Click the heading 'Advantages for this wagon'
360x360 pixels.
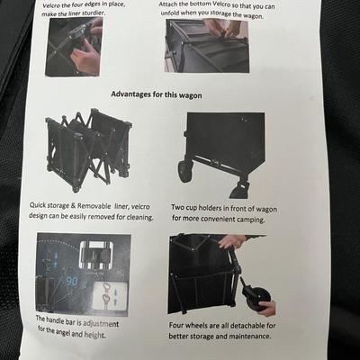pyautogui.click(x=157, y=94)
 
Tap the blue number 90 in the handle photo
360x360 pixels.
pyautogui.click(x=71, y=282)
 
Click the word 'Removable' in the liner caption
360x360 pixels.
pyautogui.click(x=94, y=206)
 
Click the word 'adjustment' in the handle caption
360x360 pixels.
pyautogui.click(x=101, y=324)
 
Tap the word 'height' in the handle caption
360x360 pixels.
pyautogui.click(x=94, y=335)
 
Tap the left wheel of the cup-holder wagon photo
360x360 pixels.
pyautogui.click(x=184, y=171)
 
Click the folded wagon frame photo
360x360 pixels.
pyautogui.click(x=89, y=149)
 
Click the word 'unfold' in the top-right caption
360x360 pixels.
pyautogui.click(x=171, y=13)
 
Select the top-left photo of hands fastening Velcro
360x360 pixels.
pyautogui.click(x=73, y=47)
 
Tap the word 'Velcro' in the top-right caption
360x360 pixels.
pyautogui.click(x=221, y=5)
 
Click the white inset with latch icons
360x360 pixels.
pyautogui.click(x=111, y=296)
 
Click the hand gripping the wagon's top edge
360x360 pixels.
pyautogui.click(x=232, y=241)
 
